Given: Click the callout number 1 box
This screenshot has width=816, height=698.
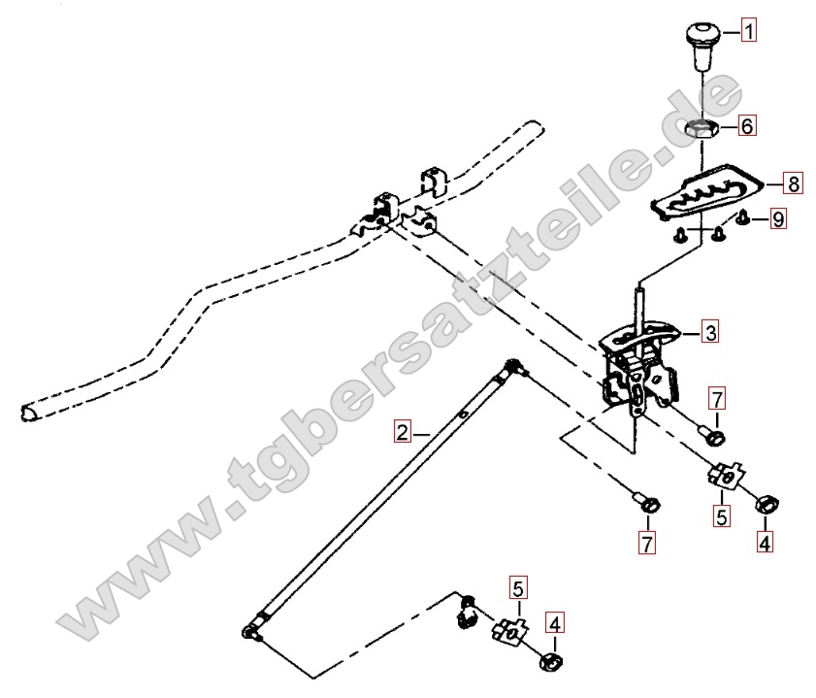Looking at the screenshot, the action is pos(748,31).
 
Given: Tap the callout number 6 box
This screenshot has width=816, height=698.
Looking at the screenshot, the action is pos(747,125).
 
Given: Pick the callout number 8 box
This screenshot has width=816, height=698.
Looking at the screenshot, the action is pos(794,183).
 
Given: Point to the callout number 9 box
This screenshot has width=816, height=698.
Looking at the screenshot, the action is pos(777,219).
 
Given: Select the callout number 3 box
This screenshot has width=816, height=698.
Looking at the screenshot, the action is pos(711,332).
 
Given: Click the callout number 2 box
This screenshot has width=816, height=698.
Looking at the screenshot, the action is pos(403,432).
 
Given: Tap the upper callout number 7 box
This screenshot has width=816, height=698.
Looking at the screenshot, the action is pos(717,399).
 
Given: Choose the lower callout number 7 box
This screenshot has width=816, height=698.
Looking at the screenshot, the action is pos(647,544).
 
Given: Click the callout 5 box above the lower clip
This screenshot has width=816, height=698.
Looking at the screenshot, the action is pos(518,588).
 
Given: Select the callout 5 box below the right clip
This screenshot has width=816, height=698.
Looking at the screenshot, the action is pos(722,516).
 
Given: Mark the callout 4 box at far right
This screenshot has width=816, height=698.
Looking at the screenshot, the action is pos(765,543).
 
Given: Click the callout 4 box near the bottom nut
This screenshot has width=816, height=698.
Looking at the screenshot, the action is pos(554,623).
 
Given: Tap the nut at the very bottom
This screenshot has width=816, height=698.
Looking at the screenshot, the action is pos(552,661).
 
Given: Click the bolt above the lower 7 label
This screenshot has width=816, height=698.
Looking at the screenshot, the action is pos(648,503).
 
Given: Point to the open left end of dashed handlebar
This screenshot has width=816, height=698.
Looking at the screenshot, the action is pos(29,413).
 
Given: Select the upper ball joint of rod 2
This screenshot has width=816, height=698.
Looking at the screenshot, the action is pos(513,366).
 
